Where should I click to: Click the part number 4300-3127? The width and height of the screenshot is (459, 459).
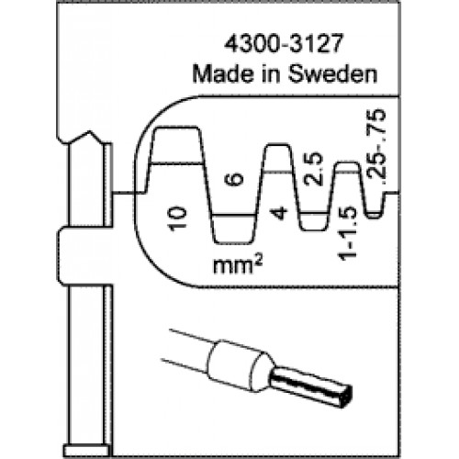[x=283, y=44]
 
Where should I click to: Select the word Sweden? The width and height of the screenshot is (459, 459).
[x=333, y=73]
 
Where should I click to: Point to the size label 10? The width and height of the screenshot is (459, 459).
[x=177, y=218]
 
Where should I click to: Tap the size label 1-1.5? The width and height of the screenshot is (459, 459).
[x=348, y=233]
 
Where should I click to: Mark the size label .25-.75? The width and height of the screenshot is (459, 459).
[x=377, y=147]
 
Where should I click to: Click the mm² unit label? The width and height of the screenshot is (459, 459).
[x=238, y=265]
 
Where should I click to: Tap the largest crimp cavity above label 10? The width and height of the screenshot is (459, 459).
[x=176, y=145]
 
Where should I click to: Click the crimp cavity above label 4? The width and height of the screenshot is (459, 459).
[x=277, y=158]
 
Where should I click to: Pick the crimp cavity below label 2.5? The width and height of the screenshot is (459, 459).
[x=314, y=221]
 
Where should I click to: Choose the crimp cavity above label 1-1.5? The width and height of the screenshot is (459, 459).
[x=347, y=168]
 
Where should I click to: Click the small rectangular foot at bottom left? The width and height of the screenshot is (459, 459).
[x=86, y=451]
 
